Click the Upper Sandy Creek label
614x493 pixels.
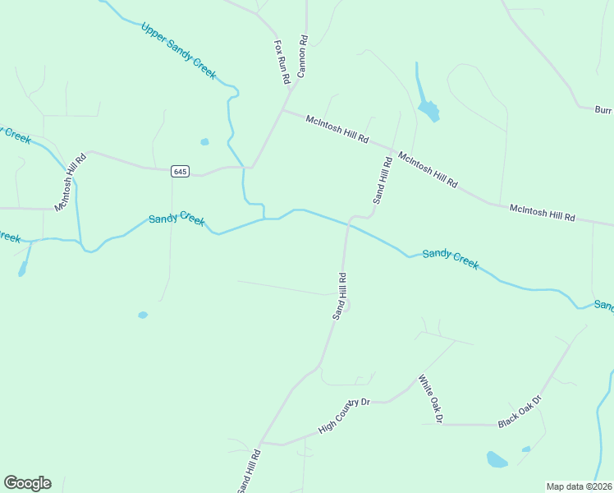178,51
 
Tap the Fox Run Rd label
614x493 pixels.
282,62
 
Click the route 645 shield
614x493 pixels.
181,171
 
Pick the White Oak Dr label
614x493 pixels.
430,399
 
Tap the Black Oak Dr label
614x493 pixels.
520,412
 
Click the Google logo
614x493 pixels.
27,483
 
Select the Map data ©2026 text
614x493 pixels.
580,486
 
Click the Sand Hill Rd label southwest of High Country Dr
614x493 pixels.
249,472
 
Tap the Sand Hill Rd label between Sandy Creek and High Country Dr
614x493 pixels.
339,296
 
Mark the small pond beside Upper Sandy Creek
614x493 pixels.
204,141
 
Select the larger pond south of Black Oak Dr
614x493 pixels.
497,459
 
